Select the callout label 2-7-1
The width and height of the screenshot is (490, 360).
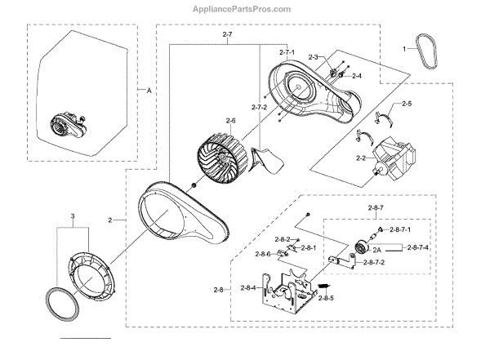pyautogui.click(x=287, y=52)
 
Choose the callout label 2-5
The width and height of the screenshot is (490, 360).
pyautogui.click(x=406, y=104)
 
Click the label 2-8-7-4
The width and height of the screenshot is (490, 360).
pyautogui.click(x=419, y=247)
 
